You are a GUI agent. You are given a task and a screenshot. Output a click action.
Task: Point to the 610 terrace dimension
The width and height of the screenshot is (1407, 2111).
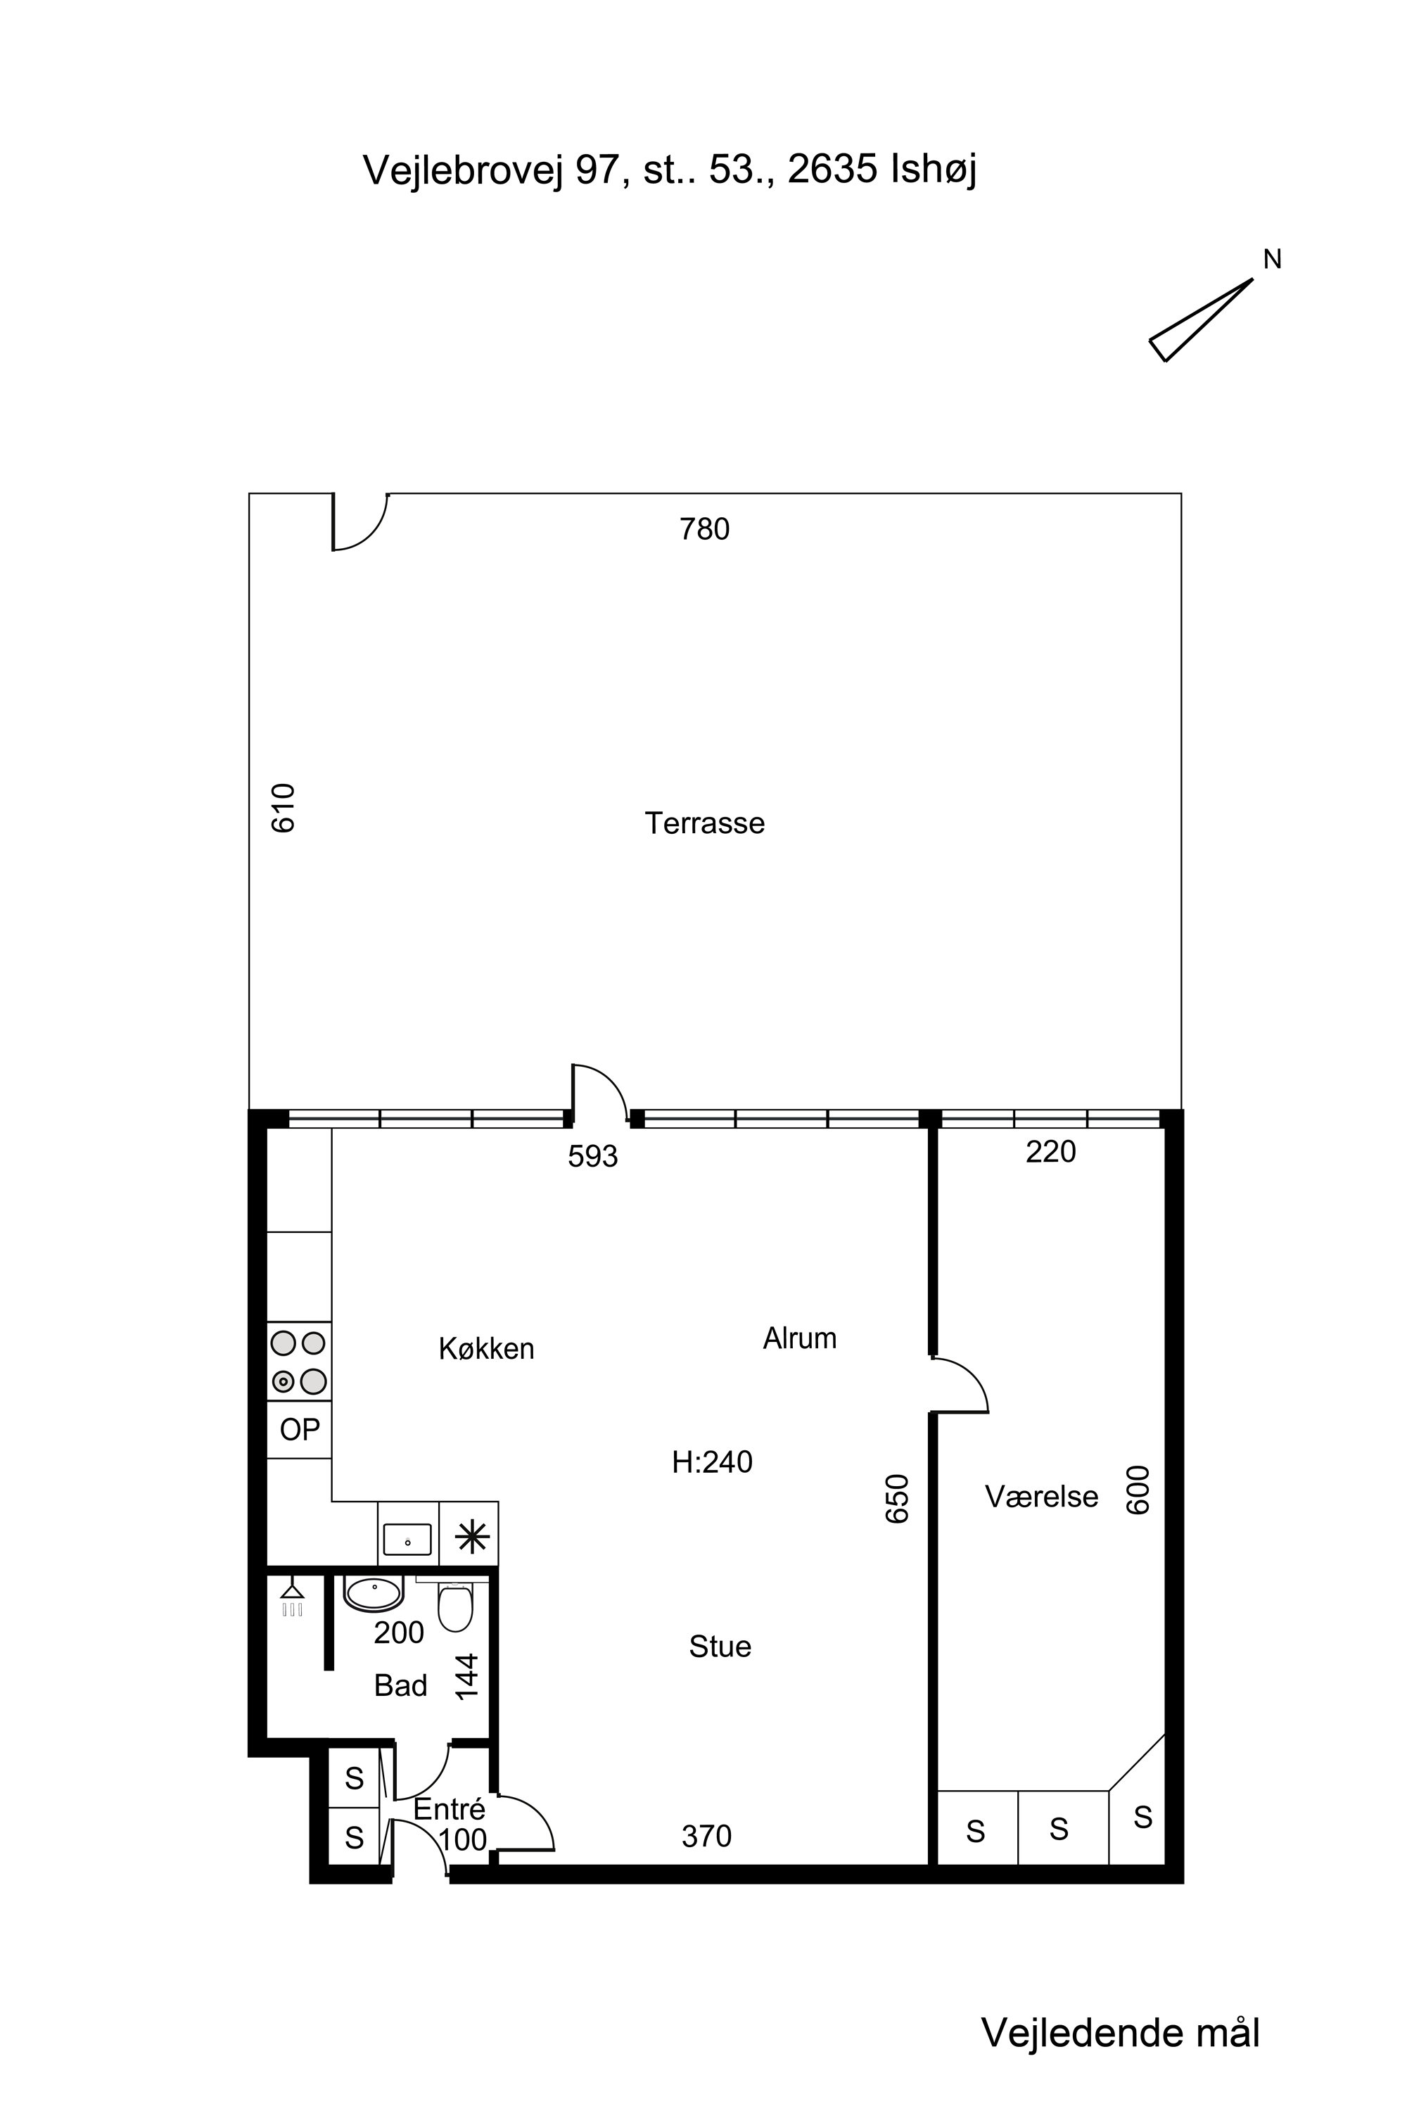(x=283, y=808)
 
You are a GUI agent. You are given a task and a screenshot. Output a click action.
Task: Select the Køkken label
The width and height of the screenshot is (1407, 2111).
(x=486, y=1348)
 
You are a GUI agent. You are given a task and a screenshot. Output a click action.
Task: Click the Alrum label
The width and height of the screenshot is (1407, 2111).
(x=799, y=1338)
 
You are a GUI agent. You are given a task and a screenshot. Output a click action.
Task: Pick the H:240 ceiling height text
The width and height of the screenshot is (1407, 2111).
(x=713, y=1462)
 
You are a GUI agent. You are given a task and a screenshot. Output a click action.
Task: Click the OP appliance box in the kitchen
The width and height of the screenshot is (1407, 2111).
(x=300, y=1430)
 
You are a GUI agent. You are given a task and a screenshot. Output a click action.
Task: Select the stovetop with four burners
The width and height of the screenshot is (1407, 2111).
(x=300, y=1362)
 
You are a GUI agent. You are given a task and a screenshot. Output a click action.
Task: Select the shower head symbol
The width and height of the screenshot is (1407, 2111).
(x=293, y=1599)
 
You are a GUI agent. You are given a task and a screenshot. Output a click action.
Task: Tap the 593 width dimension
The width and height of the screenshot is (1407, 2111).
(x=593, y=1157)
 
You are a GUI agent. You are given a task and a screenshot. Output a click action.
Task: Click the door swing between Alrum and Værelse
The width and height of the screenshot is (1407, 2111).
(x=961, y=1386)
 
